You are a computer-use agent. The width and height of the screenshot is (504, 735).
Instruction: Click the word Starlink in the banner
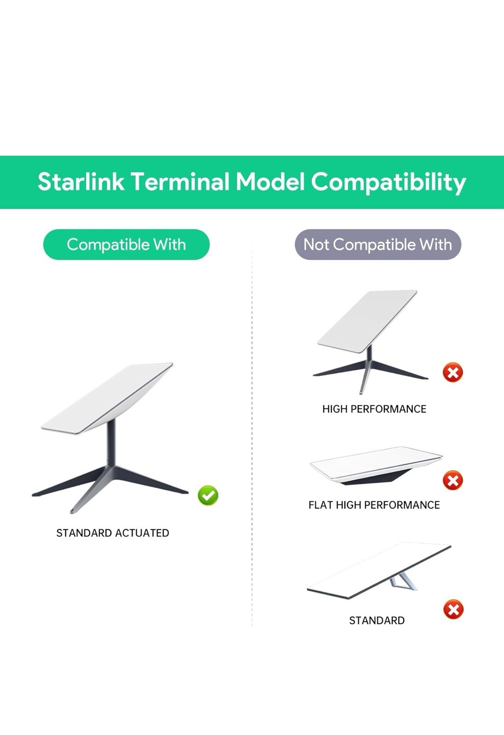pyautogui.click(x=81, y=182)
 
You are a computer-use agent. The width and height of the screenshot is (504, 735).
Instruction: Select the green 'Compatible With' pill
pyautogui.click(x=126, y=244)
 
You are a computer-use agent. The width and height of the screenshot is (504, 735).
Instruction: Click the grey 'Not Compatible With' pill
pyautogui.click(x=378, y=244)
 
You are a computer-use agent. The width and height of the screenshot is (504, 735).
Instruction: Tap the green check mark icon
pyautogui.click(x=208, y=495)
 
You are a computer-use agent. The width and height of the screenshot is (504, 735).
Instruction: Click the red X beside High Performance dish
pyautogui.click(x=453, y=372)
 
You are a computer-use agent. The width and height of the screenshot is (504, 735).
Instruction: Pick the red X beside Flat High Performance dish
pyautogui.click(x=453, y=481)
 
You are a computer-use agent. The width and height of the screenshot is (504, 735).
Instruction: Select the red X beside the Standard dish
pyautogui.click(x=453, y=609)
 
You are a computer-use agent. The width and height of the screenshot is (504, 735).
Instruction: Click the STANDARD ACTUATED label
pyautogui.click(x=113, y=533)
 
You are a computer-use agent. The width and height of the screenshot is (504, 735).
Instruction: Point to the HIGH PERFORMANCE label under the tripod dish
pyautogui.click(x=374, y=409)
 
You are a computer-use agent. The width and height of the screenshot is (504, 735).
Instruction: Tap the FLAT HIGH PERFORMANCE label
pyautogui.click(x=374, y=505)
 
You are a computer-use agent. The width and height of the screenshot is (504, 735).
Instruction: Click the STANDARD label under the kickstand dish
pyautogui.click(x=377, y=621)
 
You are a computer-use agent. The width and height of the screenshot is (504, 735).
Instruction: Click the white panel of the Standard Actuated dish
pyautogui.click(x=107, y=399)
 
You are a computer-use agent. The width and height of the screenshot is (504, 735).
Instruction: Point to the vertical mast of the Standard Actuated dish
pyautogui.click(x=111, y=443)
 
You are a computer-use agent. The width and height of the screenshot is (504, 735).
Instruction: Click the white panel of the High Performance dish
pyautogui.click(x=367, y=321)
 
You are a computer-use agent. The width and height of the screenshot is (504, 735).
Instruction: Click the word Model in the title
pyautogui.click(x=270, y=182)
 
